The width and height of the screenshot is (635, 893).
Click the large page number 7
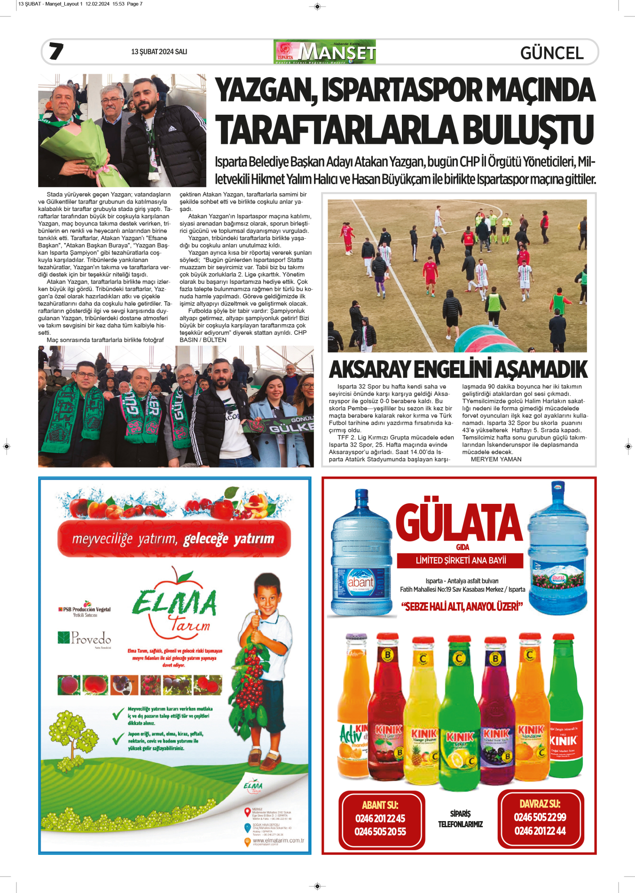[56, 51]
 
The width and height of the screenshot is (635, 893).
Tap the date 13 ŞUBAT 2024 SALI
[159, 52]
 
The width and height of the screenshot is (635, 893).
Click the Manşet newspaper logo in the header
[324, 52]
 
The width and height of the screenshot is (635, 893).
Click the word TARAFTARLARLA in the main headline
[337, 130]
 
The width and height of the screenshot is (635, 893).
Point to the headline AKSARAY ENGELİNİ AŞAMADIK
[458, 369]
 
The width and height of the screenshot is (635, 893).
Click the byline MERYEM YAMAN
[496, 459]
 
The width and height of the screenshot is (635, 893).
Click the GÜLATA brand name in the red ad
[459, 523]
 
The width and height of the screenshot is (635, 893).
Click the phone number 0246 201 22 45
[380, 818]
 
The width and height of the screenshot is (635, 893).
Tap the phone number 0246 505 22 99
[540, 817]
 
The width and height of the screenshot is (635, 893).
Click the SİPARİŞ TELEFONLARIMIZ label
[460, 819]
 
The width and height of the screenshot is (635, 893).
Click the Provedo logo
[85, 638]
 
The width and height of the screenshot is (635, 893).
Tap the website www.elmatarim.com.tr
[278, 840]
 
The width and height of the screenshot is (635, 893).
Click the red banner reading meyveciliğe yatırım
[173, 539]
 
